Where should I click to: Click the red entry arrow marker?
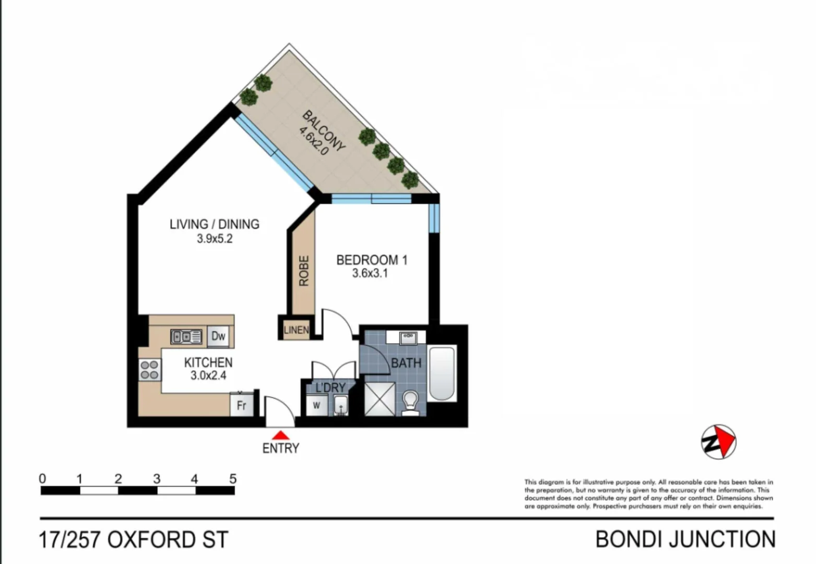tap(281, 434)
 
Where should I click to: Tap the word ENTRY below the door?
tap(281, 449)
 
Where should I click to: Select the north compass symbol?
tap(718, 442)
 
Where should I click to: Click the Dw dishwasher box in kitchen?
tap(218, 336)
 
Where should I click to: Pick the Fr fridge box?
tap(241, 405)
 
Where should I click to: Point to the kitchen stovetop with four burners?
tap(149, 370)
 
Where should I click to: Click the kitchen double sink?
tap(186, 337)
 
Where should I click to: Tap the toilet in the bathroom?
tap(411, 404)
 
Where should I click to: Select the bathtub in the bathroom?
tap(442, 373)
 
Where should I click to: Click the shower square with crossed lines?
tap(380, 399)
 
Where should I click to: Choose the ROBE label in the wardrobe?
tap(304, 271)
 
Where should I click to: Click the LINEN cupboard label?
tap(296, 330)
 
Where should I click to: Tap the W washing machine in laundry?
tap(316, 405)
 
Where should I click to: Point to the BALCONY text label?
tap(324, 131)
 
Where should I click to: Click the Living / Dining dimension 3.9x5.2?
tap(215, 239)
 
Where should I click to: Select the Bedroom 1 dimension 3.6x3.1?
tap(370, 273)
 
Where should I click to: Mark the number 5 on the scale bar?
tap(233, 478)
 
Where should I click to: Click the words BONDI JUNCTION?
tap(685, 539)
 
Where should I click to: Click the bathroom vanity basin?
tap(408, 338)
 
